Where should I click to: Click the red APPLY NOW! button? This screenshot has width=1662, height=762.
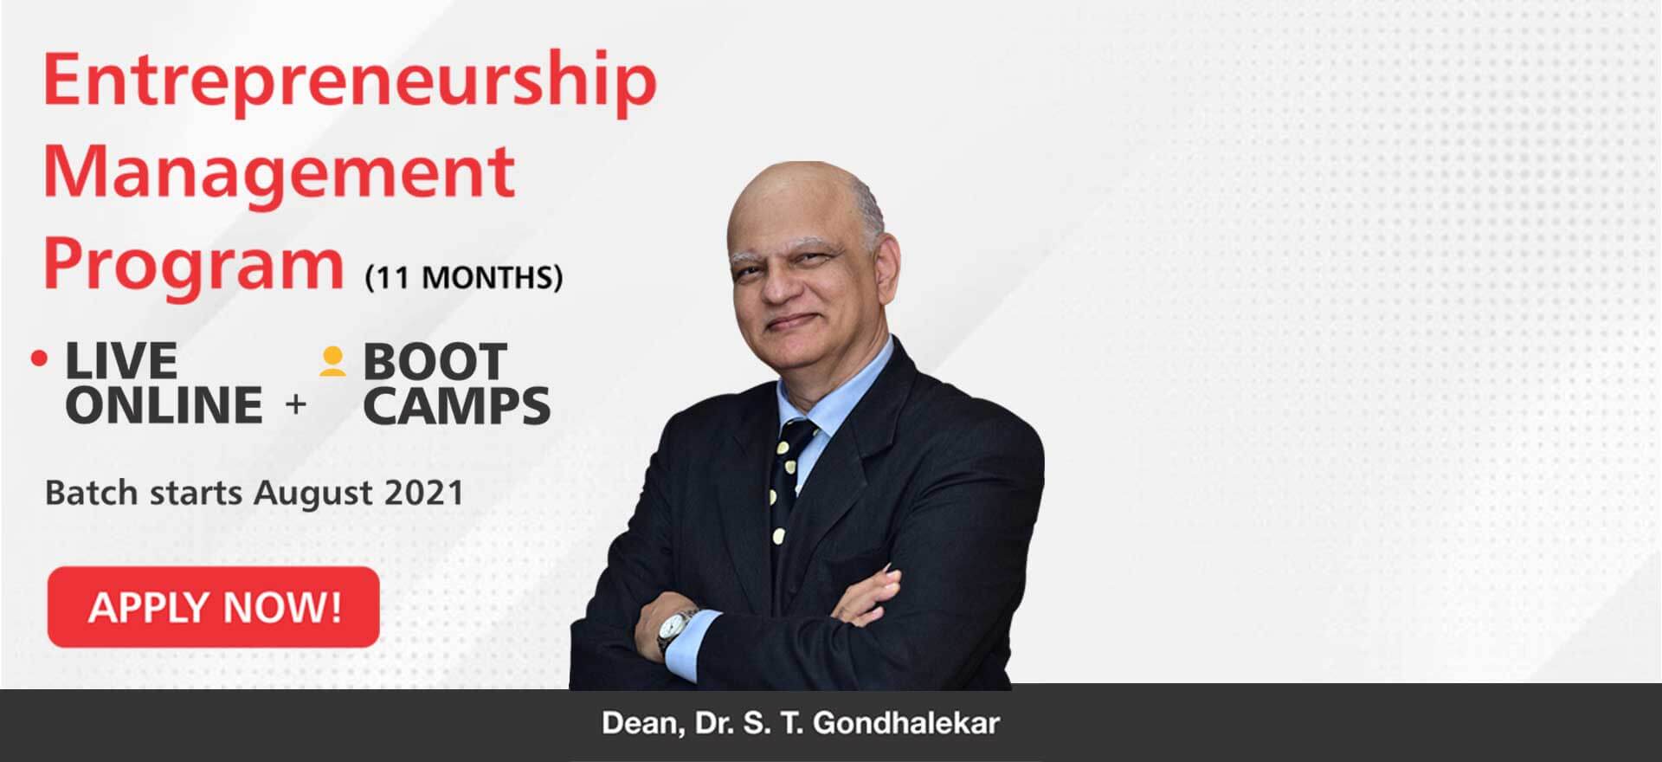[214, 607]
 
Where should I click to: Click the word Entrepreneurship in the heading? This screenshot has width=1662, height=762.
[350, 81]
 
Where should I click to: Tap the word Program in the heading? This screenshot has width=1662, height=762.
[194, 265]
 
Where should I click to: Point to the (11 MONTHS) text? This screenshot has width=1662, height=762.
[464, 278]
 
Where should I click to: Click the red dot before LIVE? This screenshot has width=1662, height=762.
[39, 358]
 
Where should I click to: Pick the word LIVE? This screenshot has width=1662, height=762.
[121, 360]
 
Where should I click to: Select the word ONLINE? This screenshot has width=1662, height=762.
[164, 405]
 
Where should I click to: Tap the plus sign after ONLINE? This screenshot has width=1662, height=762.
[296, 404]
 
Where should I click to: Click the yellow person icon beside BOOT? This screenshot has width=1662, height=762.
[332, 361]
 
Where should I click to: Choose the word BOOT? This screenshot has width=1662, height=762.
[435, 361]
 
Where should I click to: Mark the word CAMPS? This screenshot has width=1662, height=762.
[457, 406]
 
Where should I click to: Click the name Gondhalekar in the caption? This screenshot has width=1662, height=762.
[906, 723]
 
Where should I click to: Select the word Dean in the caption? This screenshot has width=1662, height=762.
[638, 724]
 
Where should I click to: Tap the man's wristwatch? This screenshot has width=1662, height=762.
[673, 631]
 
